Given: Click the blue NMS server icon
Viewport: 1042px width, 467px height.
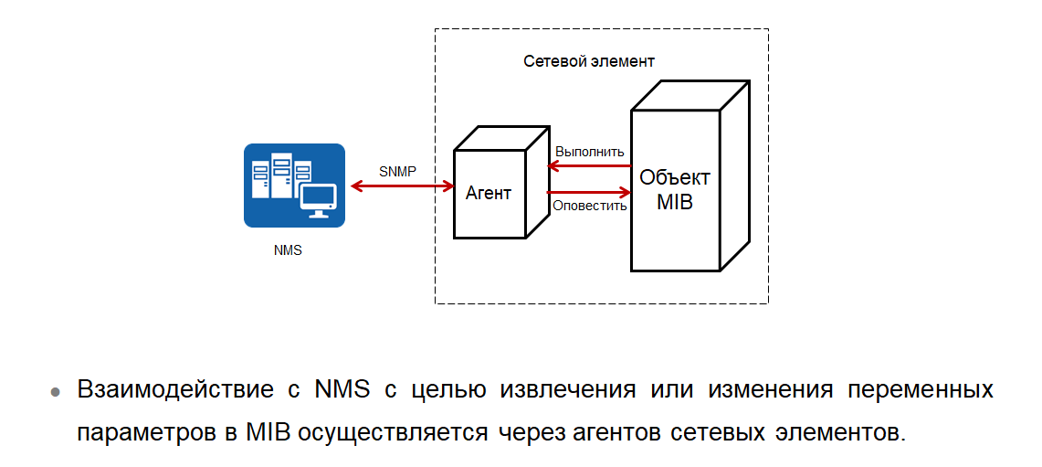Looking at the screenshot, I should [x=294, y=185].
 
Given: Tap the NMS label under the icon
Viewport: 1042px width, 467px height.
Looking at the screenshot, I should [x=288, y=250].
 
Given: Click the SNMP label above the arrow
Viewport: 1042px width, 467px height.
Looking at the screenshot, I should [x=398, y=171].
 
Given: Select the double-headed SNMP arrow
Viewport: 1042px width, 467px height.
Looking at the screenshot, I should [x=403, y=186].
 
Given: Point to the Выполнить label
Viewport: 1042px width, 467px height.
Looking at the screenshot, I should [x=590, y=152].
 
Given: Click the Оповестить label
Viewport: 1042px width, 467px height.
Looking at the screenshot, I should [x=590, y=206].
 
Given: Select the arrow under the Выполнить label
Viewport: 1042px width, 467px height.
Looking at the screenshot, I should [x=589, y=165].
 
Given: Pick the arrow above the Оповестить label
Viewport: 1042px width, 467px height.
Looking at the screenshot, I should [x=589, y=192].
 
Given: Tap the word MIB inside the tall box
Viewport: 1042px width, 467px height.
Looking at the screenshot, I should [x=675, y=202].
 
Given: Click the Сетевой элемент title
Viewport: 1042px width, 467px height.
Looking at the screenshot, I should [x=589, y=61].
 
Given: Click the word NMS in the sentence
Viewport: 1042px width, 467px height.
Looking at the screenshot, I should [x=342, y=390].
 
